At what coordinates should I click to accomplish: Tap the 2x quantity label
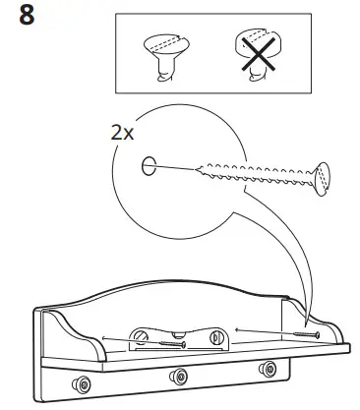(x=123, y=132)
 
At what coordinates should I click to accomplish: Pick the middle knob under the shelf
(x=178, y=375)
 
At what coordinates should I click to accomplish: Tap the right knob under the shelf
(x=267, y=369)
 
